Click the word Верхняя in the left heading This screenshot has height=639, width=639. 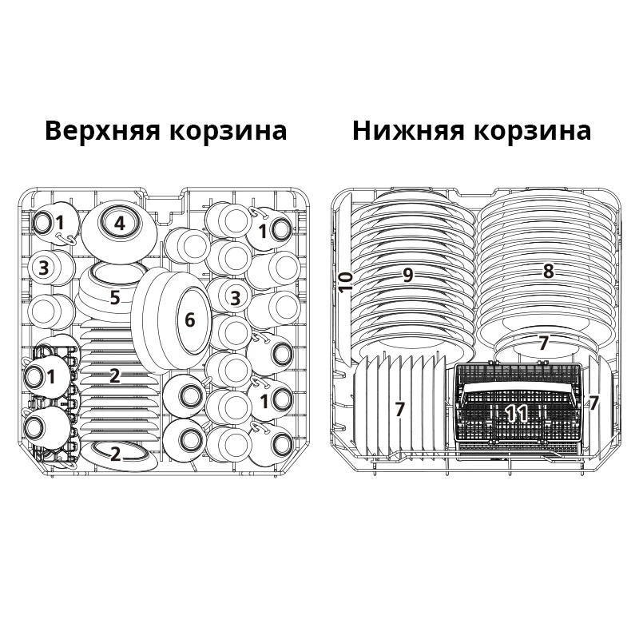click(103, 130)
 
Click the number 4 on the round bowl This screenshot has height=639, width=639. click(119, 224)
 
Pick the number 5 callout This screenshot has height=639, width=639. click(115, 298)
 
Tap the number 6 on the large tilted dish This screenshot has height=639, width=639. click(189, 320)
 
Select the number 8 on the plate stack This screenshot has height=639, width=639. click(548, 272)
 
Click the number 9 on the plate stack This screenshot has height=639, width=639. click(407, 276)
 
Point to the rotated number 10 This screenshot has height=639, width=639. click(345, 282)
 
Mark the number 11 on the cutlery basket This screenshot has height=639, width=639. click(516, 414)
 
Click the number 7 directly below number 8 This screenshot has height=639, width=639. click(543, 344)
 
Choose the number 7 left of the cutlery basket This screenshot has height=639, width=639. click(399, 410)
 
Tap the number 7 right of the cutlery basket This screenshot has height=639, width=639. click(593, 403)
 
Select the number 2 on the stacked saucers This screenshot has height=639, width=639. click(115, 376)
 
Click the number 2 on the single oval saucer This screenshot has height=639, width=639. click(115, 455)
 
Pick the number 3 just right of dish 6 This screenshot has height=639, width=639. click(235, 298)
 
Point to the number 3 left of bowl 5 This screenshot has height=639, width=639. click(45, 268)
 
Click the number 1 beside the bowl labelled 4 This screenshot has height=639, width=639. click(60, 222)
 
